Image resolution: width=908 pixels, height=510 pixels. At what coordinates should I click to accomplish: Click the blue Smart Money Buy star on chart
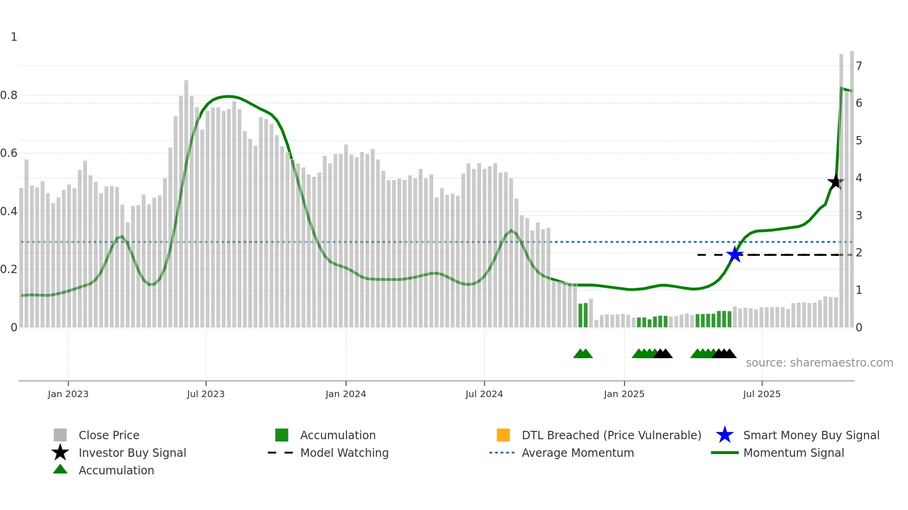click(735, 255)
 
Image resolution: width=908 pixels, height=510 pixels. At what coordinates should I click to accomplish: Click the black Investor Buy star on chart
click(835, 182)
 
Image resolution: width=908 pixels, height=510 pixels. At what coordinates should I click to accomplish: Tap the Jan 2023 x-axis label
click(68, 394)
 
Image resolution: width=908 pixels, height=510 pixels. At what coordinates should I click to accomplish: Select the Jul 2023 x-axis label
click(206, 394)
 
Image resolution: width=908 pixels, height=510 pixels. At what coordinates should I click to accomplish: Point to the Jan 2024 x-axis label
click(346, 394)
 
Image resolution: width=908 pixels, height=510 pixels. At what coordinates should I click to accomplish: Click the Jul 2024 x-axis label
click(484, 394)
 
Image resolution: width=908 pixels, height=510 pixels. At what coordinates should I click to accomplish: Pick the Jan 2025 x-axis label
click(624, 394)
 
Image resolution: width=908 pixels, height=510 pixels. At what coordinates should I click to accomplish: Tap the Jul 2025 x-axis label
click(762, 394)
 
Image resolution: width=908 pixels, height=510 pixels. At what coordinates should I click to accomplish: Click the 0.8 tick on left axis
click(8, 95)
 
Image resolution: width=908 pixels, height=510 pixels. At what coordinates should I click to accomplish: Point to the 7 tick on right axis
click(859, 66)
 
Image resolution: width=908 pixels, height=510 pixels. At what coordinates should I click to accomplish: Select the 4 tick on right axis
click(859, 178)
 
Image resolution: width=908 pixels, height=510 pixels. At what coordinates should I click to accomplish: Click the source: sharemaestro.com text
click(819, 363)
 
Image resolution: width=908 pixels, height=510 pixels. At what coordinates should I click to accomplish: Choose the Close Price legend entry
click(109, 435)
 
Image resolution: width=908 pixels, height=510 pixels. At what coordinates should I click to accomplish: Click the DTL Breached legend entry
click(611, 435)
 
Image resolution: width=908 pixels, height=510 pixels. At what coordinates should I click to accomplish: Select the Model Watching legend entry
click(344, 453)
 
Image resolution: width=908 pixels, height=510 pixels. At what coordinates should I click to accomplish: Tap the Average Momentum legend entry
click(578, 453)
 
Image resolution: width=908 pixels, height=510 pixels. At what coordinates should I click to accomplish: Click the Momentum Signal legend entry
click(794, 453)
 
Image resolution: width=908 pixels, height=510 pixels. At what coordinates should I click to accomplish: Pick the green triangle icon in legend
click(60, 469)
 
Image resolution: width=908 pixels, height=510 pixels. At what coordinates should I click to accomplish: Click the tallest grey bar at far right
click(852, 185)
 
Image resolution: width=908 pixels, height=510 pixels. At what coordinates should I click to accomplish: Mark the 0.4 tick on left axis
click(8, 211)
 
